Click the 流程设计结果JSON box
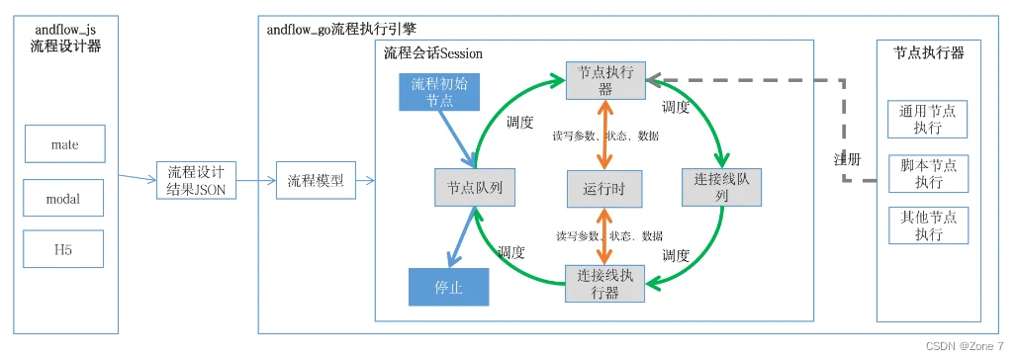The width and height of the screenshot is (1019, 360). [x=196, y=181]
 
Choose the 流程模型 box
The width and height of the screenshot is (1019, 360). [x=315, y=181]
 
